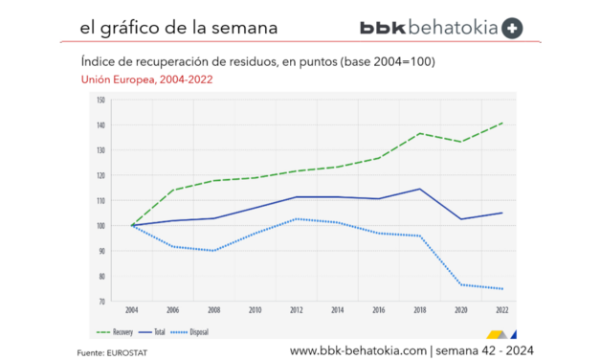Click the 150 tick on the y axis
(100, 101)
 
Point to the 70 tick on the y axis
(101, 301)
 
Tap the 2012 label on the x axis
(298, 311)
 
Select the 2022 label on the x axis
(501, 311)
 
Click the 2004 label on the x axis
(131, 311)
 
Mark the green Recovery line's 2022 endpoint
(502, 123)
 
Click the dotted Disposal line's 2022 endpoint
(502, 288)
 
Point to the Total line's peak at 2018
(420, 189)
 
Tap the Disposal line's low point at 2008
(214, 251)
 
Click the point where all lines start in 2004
(132, 226)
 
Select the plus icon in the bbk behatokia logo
(512, 28)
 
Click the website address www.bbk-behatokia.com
(358, 350)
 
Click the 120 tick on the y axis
(100, 175)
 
